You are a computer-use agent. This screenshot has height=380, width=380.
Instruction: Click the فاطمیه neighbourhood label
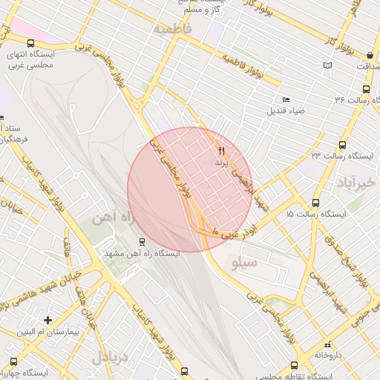173,28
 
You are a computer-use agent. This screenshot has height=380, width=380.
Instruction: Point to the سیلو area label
244,262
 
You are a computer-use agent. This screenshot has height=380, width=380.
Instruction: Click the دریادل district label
110,357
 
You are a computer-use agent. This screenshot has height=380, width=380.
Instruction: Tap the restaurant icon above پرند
221,151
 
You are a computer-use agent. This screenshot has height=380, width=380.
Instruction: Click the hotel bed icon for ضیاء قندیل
286,100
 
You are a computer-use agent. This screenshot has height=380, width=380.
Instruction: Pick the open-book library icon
327,65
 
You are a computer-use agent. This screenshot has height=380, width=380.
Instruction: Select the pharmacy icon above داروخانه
327,344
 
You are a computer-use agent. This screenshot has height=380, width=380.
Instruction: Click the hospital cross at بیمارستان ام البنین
48,321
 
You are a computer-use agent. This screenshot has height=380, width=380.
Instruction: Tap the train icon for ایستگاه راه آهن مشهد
142,242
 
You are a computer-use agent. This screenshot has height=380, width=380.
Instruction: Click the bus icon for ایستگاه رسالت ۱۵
315,203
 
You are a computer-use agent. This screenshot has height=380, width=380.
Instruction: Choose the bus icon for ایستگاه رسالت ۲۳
342,145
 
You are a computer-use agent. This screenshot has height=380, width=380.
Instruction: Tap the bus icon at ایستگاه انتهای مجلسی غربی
31,44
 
